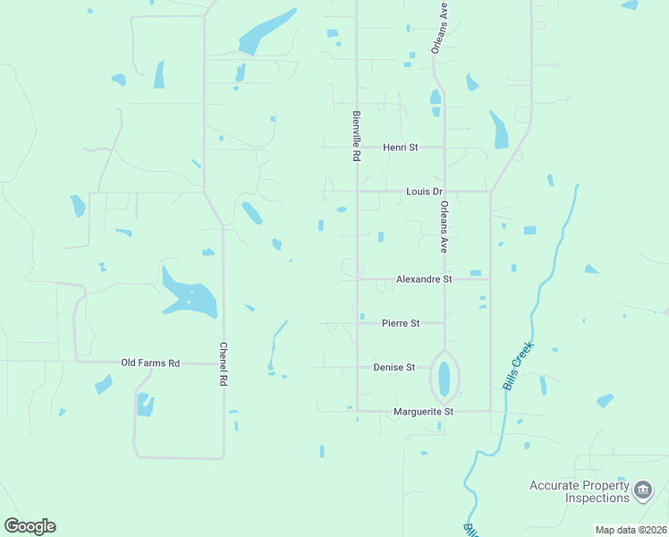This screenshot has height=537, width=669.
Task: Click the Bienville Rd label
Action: click(356, 135)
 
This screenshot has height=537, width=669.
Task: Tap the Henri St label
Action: click(401, 147)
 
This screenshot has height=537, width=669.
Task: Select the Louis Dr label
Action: click(424, 192)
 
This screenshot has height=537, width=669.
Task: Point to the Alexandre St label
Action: click(424, 279)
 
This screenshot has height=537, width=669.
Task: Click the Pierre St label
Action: click(401, 323)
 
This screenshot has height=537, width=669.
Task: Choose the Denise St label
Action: click(394, 367)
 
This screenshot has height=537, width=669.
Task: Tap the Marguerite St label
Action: click(424, 412)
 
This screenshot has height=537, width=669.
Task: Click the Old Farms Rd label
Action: click(150, 362)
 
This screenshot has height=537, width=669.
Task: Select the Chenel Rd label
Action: click(224, 363)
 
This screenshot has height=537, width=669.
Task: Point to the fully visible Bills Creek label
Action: click(518, 365)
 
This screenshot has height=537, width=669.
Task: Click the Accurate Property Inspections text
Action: click(579, 491)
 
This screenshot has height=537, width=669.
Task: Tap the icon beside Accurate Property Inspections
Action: click(643, 490)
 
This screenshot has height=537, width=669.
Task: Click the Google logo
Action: click(30, 526)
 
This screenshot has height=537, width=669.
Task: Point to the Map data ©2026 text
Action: click(631, 530)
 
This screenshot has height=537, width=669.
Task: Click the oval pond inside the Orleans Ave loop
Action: click(445, 379)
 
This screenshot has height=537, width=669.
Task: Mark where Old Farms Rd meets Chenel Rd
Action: click(223, 362)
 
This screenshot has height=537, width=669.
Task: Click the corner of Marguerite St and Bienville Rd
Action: click(358, 411)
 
